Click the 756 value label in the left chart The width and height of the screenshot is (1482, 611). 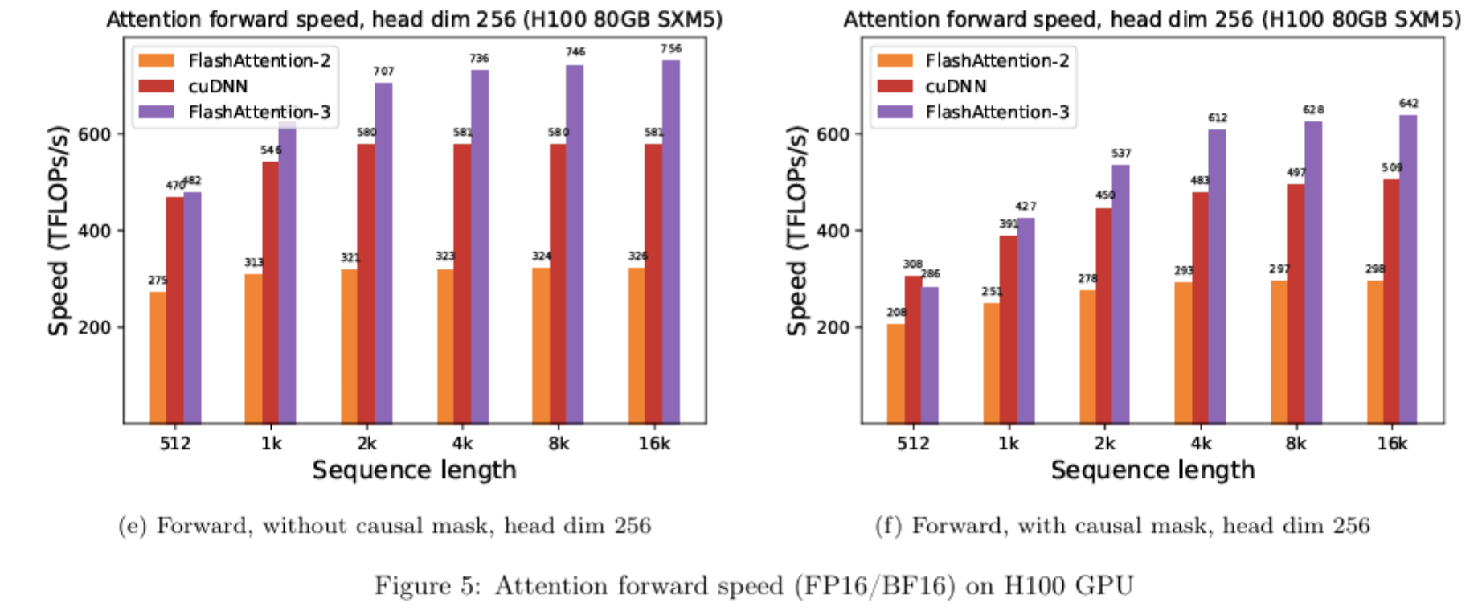tap(671, 49)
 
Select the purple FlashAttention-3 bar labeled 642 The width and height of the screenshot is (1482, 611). tap(1408, 269)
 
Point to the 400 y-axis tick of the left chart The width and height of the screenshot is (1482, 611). tap(94, 231)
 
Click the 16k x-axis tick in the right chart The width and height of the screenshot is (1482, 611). tap(1392, 444)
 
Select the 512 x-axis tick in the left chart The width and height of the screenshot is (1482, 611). tap(174, 444)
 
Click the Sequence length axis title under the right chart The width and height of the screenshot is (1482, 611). tap(1152, 470)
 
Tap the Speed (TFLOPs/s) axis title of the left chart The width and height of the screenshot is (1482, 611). tap(58, 231)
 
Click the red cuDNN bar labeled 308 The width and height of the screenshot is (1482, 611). tap(913, 350)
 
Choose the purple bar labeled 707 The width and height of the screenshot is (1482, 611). tap(383, 253)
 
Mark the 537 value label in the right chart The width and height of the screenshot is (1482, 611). tap(1121, 154)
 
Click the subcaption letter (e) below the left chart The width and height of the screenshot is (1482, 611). tap(133, 526)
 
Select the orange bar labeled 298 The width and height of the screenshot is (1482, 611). tap(1375, 352)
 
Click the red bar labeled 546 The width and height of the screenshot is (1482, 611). tap(270, 293)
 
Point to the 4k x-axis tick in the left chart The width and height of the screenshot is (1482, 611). tap(462, 444)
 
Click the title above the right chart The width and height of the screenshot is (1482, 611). tap(1152, 18)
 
